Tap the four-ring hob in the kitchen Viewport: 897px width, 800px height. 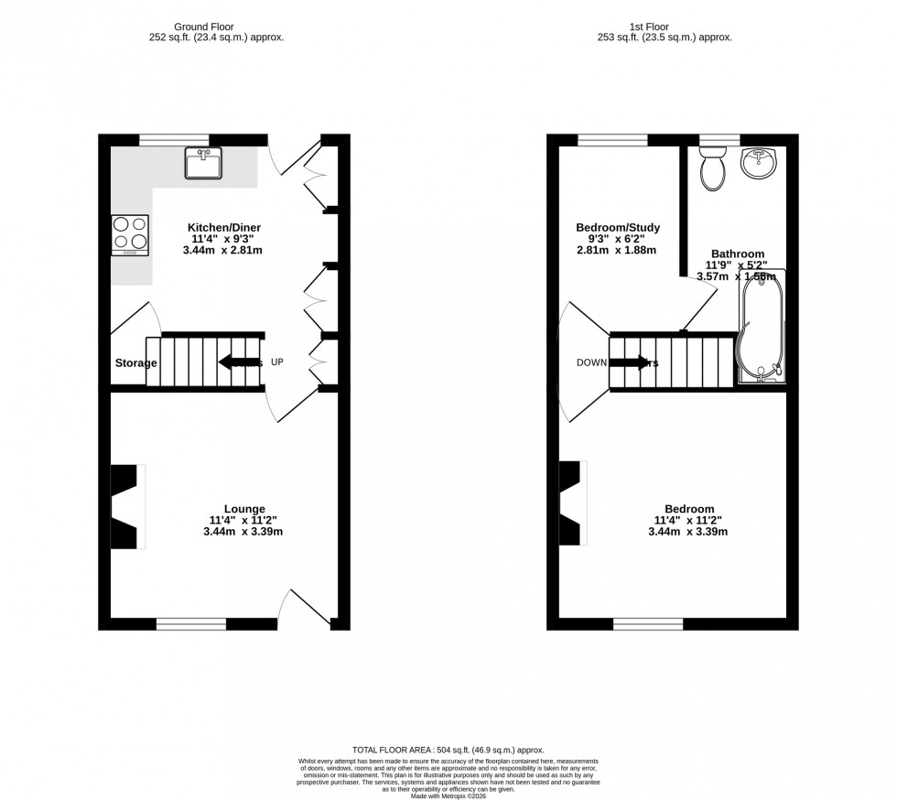(x=130, y=234)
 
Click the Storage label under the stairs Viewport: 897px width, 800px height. (x=135, y=363)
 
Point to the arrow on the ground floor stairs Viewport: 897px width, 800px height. (x=236, y=362)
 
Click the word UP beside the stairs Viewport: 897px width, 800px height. (x=276, y=362)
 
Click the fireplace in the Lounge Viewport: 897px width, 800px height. (x=124, y=506)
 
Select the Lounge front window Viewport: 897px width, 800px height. (x=191, y=624)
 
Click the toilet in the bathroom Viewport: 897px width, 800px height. (x=711, y=169)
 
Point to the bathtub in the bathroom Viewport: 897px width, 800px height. (x=761, y=327)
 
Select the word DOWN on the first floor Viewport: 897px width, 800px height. (x=590, y=362)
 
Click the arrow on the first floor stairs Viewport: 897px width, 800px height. (x=629, y=362)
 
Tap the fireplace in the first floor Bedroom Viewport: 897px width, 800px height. (x=571, y=504)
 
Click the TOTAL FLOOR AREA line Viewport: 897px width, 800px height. (x=448, y=750)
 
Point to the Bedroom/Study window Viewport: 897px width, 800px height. (x=612, y=140)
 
